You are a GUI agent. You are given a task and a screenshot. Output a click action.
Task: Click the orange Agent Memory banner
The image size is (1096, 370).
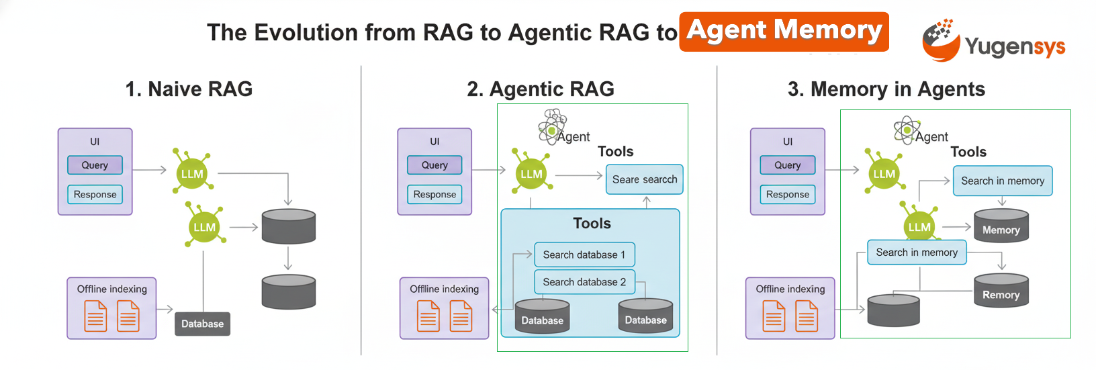point(784,32)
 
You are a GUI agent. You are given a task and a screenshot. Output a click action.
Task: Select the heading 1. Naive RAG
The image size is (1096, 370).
point(189,89)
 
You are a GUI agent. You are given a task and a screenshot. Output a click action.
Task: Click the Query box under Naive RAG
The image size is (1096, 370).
point(95,165)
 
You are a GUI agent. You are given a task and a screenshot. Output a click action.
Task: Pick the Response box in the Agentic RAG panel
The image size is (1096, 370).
point(435,194)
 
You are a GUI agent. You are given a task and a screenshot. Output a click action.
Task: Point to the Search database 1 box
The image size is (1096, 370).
point(584,255)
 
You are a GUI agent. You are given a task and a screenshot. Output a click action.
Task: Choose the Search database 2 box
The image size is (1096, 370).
point(584,282)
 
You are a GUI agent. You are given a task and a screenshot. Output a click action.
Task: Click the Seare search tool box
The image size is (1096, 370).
point(645,179)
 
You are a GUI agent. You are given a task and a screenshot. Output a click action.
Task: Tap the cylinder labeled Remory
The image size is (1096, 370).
point(1001,290)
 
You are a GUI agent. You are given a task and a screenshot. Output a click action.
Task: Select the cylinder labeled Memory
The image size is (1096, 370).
point(1001,225)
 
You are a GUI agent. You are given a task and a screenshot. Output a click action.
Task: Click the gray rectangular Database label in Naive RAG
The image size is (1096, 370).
point(202,324)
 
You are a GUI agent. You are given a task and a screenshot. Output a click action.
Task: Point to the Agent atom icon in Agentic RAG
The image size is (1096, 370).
point(553,127)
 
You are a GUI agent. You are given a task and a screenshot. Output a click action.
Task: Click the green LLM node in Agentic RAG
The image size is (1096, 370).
point(531,173)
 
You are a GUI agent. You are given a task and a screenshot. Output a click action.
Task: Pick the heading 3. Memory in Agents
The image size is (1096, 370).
point(886,89)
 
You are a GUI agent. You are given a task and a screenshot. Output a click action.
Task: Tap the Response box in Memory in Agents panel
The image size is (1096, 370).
point(788,194)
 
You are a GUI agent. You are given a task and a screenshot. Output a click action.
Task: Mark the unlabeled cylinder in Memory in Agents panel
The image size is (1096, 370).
point(893,310)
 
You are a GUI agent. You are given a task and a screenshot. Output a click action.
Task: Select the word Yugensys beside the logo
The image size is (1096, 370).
point(1015,46)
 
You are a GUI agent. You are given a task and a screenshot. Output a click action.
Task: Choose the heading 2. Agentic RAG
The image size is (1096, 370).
point(541,89)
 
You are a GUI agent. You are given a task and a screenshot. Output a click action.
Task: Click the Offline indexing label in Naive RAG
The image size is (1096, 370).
point(111,289)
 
